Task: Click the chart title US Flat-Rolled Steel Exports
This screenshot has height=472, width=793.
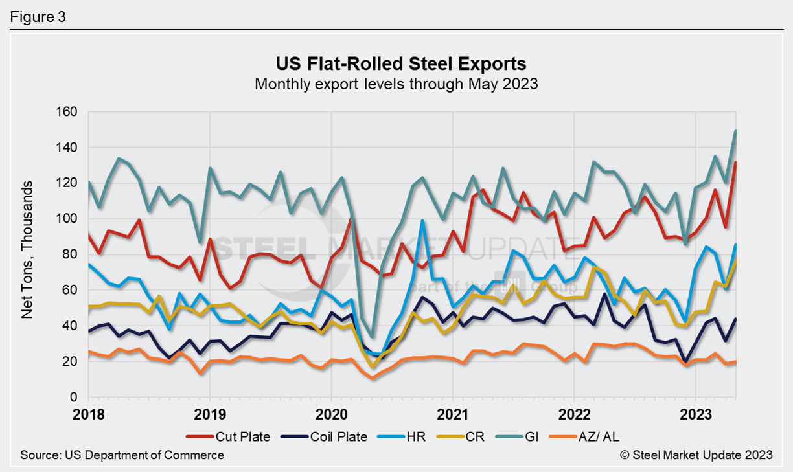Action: point(396,64)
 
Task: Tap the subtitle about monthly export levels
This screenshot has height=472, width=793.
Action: point(396,84)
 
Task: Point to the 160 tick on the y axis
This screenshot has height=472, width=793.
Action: point(68,112)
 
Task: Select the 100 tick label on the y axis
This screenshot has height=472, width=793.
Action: point(68,219)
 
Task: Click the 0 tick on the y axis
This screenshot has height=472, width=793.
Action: point(73,397)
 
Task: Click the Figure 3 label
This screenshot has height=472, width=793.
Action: point(38,17)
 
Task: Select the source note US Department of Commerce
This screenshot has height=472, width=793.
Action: point(122,455)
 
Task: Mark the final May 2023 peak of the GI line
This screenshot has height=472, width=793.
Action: point(735,131)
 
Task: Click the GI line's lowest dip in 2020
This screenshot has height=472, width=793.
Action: point(372,337)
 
